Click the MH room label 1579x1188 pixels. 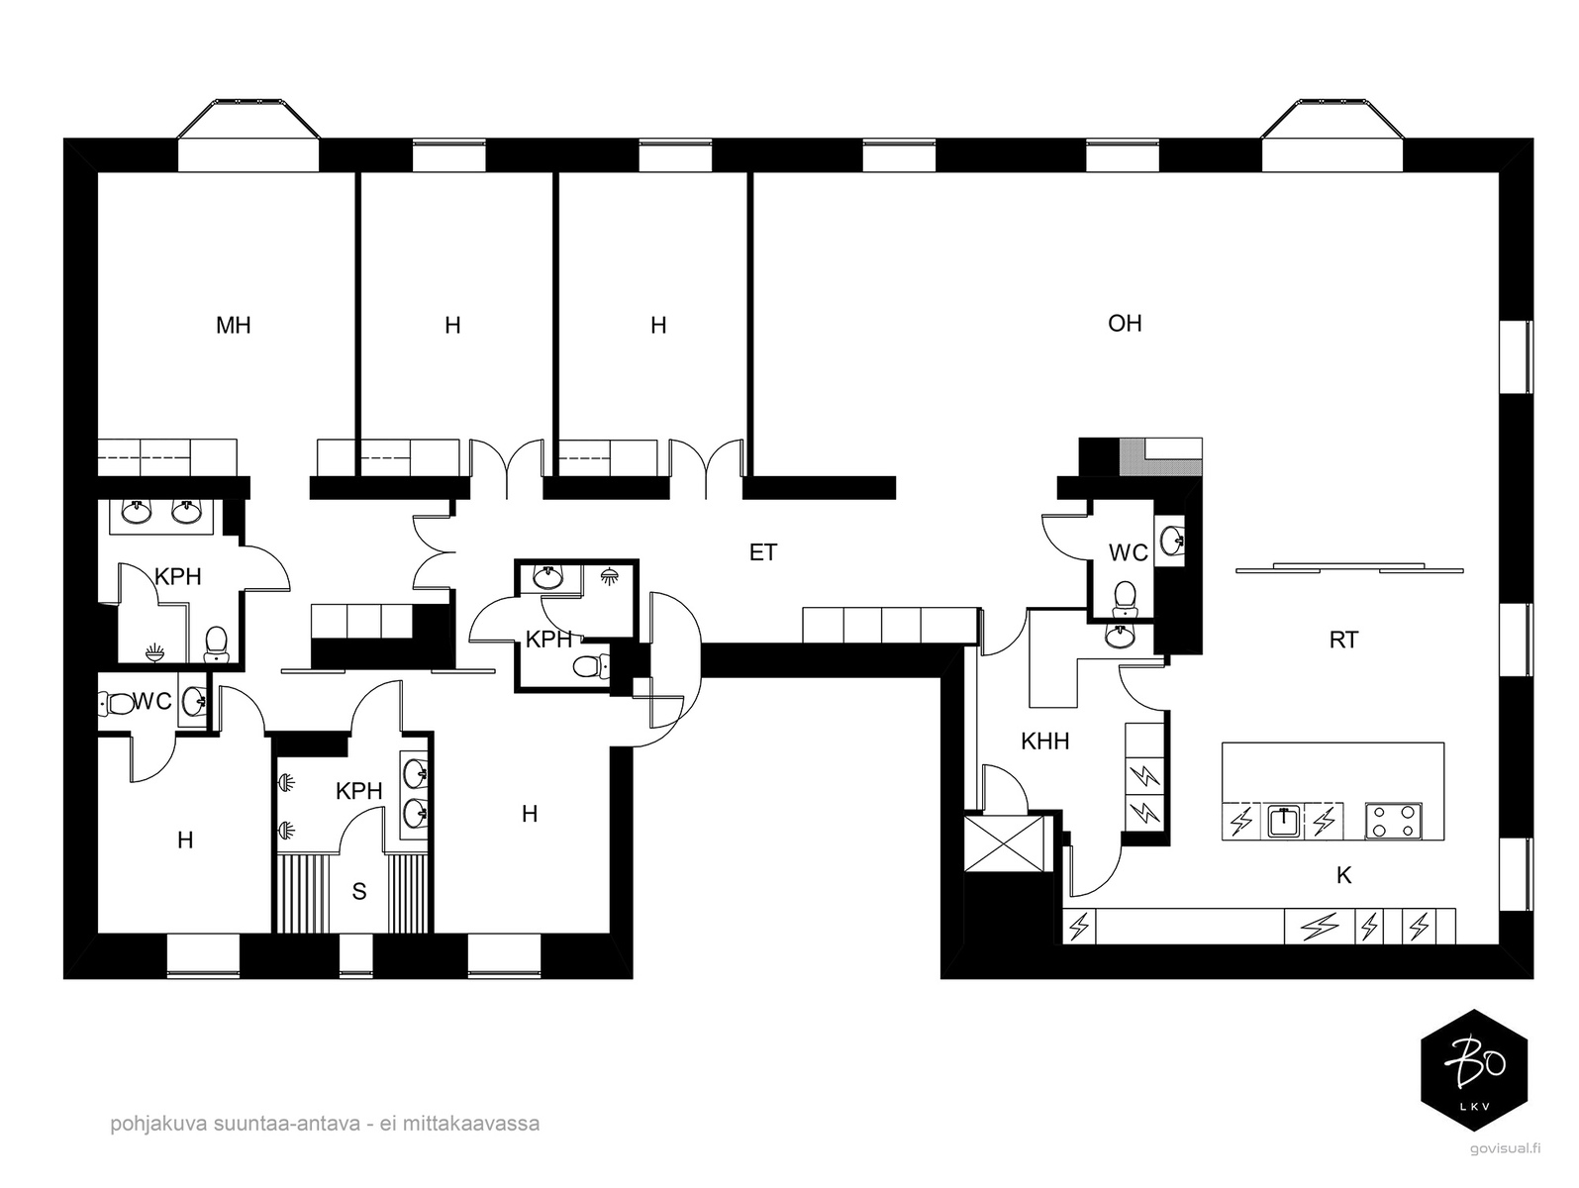pos(233,326)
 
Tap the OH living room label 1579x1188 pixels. pos(1125,324)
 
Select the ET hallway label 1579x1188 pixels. pos(762,552)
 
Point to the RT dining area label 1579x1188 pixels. pos(1343,640)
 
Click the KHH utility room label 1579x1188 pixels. pos(1044,742)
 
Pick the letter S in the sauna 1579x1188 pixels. pos(359,892)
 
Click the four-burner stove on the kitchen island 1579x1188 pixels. pos(1394,822)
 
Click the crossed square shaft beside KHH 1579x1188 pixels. pos(1003,842)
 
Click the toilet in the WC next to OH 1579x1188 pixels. pos(1124,599)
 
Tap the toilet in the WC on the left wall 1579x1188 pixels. pos(116,703)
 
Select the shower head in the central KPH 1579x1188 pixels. pos(609,576)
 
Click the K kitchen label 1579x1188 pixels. pos(1343,875)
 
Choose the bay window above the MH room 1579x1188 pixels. pos(248,136)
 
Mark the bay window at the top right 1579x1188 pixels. pos(1332,136)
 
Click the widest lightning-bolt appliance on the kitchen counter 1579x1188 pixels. pos(1320,927)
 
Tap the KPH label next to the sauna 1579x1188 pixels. pos(358,792)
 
